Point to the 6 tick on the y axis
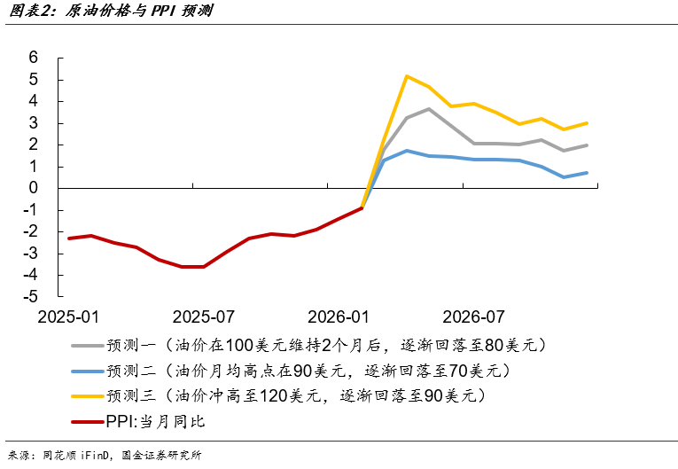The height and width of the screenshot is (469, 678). click(x=34, y=58)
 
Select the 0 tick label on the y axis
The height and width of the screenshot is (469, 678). click(x=34, y=188)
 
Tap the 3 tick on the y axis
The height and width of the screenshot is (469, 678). click(x=34, y=123)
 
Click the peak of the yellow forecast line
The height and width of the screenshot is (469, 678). click(x=407, y=76)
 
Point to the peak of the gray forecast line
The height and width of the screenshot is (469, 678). click(x=429, y=109)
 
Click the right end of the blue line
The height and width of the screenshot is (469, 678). click(x=587, y=173)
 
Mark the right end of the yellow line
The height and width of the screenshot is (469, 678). click(x=587, y=123)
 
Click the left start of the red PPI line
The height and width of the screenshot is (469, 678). click(x=68, y=238)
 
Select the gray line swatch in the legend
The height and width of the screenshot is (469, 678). click(x=86, y=344)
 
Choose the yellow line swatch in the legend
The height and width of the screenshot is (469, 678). click(x=86, y=395)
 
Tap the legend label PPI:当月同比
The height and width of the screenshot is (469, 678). click(x=155, y=421)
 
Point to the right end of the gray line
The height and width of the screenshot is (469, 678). click(x=587, y=145)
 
